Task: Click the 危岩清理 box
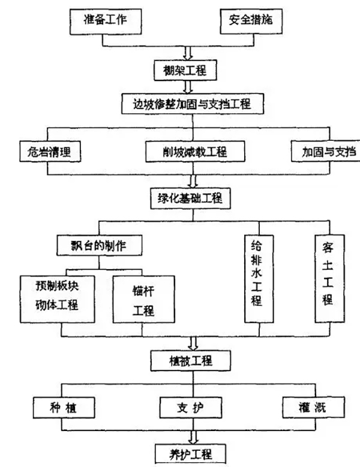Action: tap(49, 152)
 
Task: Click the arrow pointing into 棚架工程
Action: tap(188, 55)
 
